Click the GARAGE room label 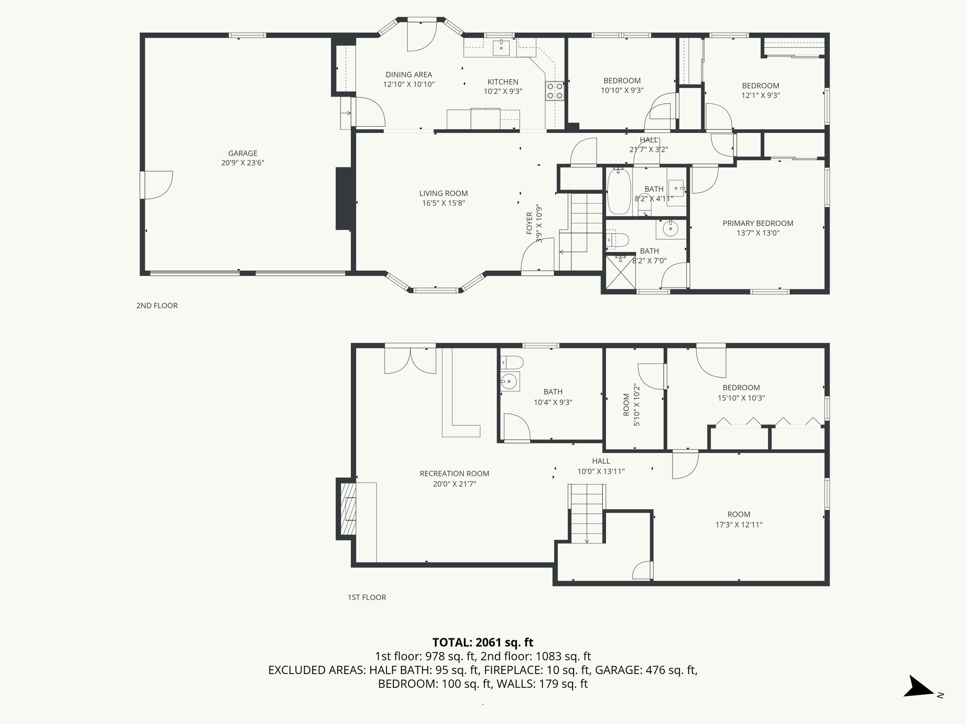[x=242, y=153]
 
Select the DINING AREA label [x=408, y=74]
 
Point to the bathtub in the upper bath [x=617, y=192]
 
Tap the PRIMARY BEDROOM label [x=758, y=223]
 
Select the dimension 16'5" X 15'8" [x=443, y=203]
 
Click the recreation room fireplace [x=347, y=509]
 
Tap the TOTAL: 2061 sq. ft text [x=483, y=642]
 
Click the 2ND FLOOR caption [x=157, y=305]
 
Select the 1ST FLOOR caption [x=366, y=597]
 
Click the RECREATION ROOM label [x=454, y=474]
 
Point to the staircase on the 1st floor [x=587, y=514]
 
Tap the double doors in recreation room [x=410, y=361]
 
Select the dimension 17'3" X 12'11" [x=739, y=525]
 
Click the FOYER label [x=529, y=223]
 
